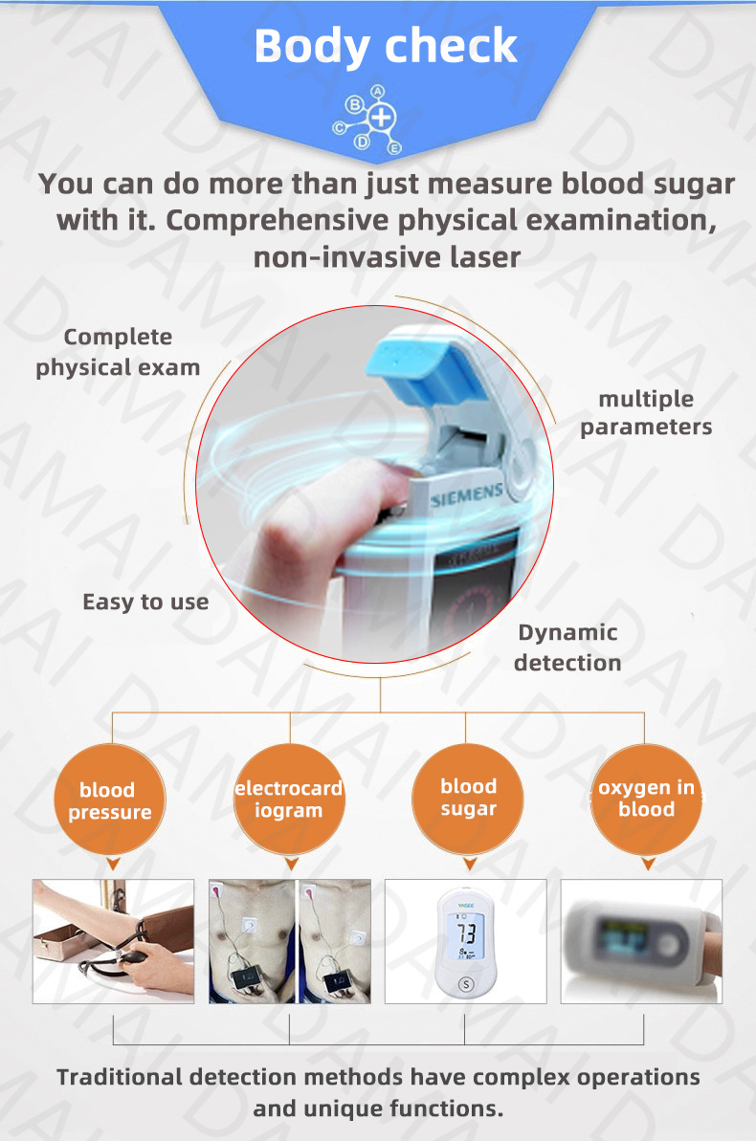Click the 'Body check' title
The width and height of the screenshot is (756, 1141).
386,47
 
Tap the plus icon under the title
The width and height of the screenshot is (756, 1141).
381,117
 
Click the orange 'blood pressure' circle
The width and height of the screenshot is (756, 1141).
110,801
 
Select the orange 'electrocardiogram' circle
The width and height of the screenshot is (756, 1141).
289,800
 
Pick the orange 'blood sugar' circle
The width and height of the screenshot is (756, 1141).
468,799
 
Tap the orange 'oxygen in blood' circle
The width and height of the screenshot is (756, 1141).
647,799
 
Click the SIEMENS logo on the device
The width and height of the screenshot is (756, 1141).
467,494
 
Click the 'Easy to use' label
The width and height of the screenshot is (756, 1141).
145,603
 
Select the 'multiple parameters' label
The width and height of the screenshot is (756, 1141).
646,412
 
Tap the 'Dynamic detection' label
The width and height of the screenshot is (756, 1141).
567,647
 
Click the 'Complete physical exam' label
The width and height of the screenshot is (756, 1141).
118,352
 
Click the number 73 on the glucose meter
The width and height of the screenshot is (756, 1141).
466,933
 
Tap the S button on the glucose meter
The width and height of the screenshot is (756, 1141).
466,984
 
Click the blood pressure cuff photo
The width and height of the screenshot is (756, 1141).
114,942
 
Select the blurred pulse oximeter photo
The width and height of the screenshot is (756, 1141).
642,942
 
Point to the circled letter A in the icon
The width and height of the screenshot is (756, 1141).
377,92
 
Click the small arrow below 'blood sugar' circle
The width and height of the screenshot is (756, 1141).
470,864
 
